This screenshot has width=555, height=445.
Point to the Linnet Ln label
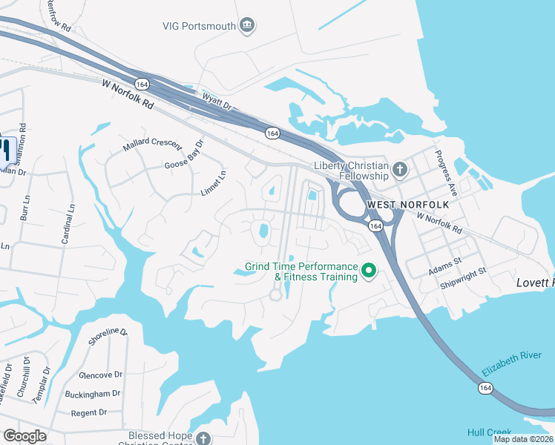click(214, 183)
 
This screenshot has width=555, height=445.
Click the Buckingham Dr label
click(93, 394)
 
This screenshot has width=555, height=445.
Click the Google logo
click(24, 435)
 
